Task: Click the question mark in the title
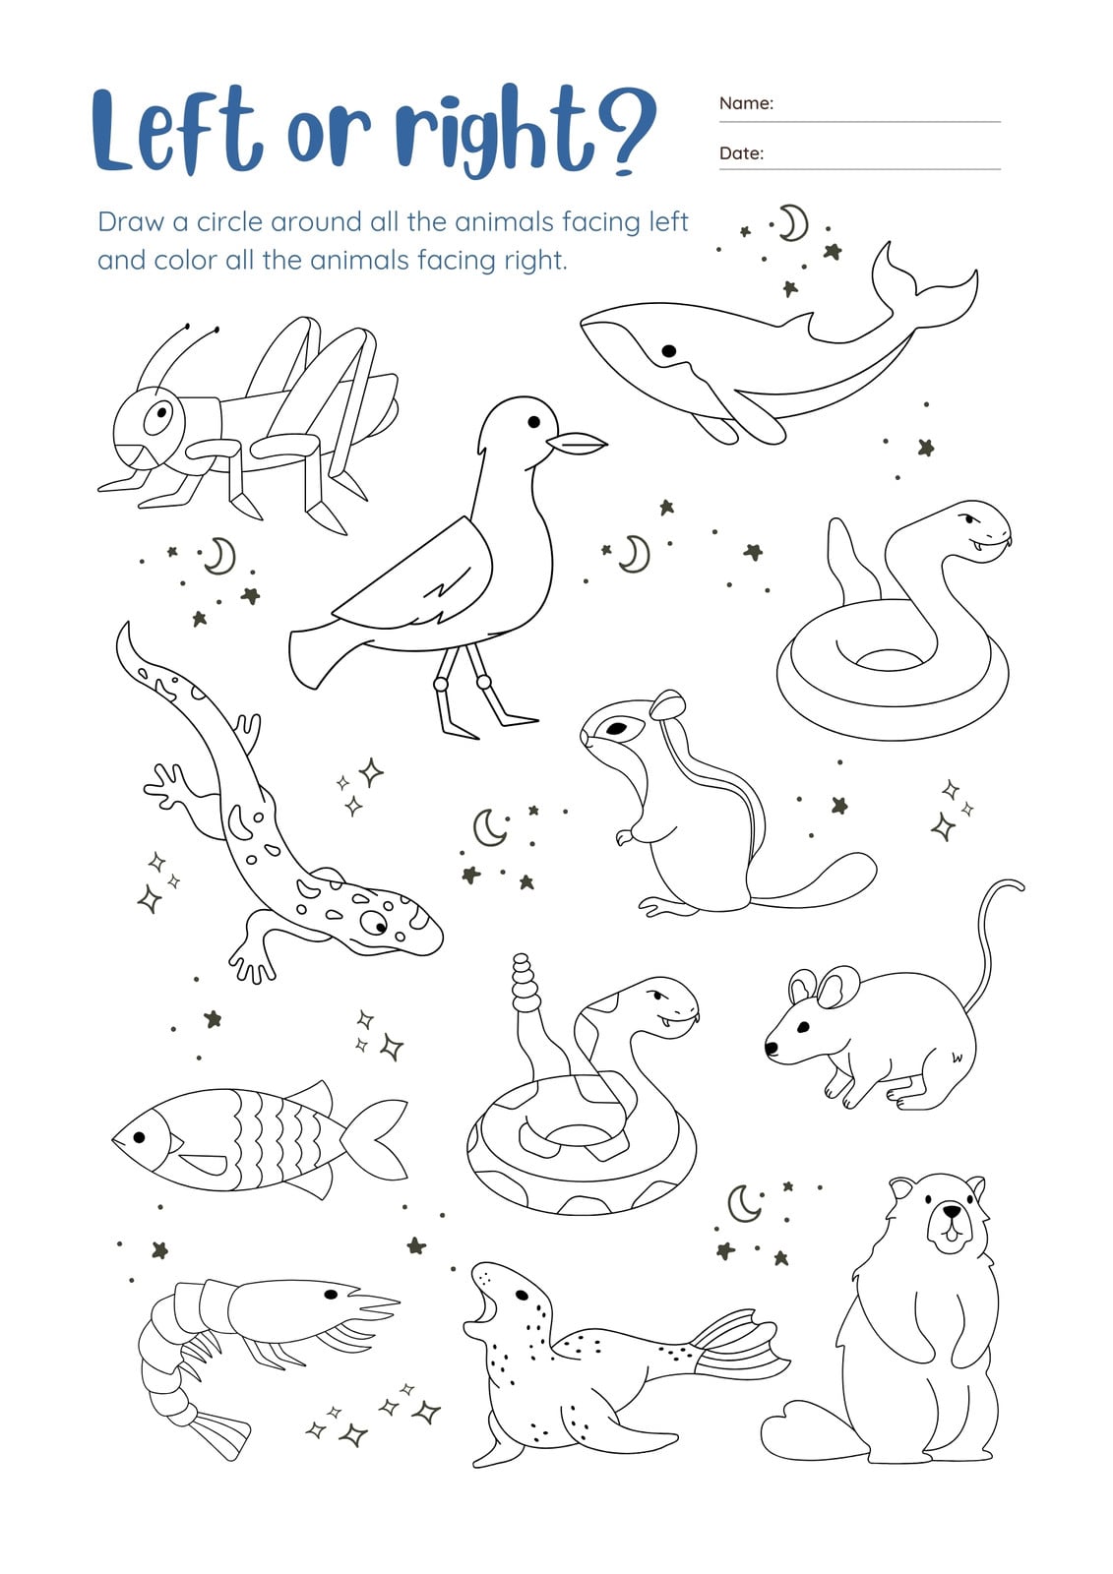624,134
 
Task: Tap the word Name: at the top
745,103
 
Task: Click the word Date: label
741,153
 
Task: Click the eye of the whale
668,350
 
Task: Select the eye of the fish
139,1137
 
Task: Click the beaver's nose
952,1210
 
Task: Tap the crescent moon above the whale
795,223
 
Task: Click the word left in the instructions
668,221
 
